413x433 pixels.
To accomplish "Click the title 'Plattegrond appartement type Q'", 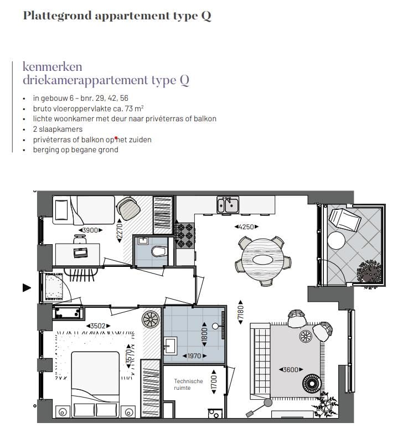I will [x=117, y=16].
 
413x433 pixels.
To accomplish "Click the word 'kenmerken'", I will [x=52, y=67].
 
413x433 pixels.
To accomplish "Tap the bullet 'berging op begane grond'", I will [x=75, y=150].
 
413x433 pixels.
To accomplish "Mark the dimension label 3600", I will [x=290, y=369].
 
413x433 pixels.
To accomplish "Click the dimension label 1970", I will [x=194, y=356].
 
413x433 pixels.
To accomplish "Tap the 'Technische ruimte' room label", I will [x=188, y=384].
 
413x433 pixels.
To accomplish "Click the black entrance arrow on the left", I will [x=26, y=287].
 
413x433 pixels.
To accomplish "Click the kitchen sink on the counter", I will [x=228, y=205].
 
